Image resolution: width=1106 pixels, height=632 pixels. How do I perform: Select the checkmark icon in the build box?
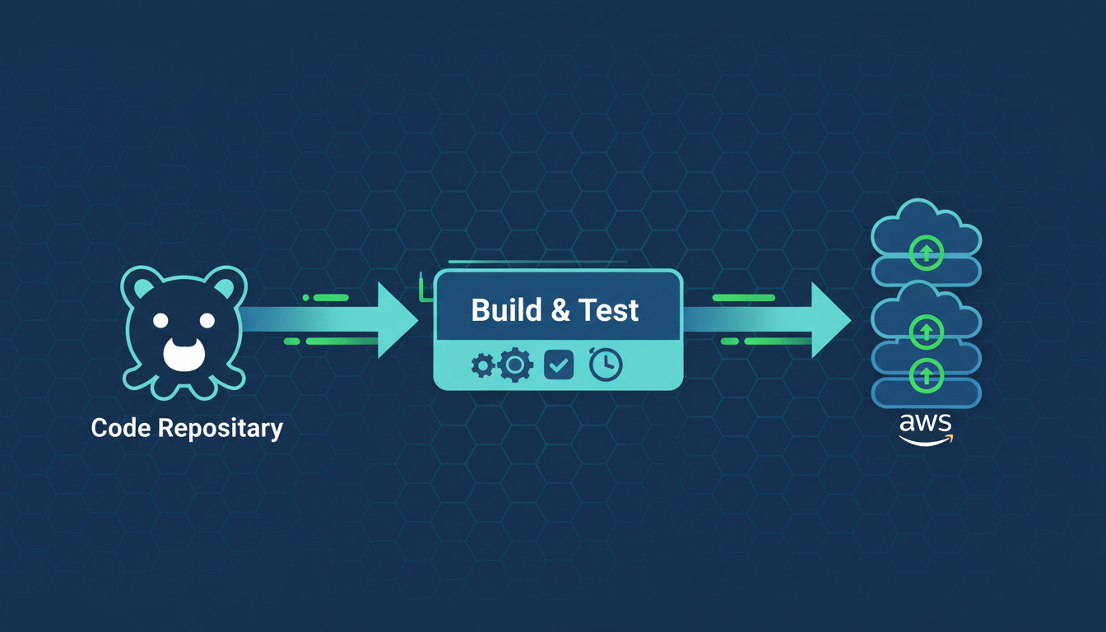560,365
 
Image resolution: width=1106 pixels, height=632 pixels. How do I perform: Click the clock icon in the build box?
606,365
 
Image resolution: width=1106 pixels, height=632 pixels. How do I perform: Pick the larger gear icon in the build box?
515,364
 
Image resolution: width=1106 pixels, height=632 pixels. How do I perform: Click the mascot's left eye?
161,319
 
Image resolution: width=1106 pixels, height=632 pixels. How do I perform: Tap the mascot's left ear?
142,287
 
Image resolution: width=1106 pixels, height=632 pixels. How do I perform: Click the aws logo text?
926,426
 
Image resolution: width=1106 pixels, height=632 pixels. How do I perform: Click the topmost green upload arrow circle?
926,253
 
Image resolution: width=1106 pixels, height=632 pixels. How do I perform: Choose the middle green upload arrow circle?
926,331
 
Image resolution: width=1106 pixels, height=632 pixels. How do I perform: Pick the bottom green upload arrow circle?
926,375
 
